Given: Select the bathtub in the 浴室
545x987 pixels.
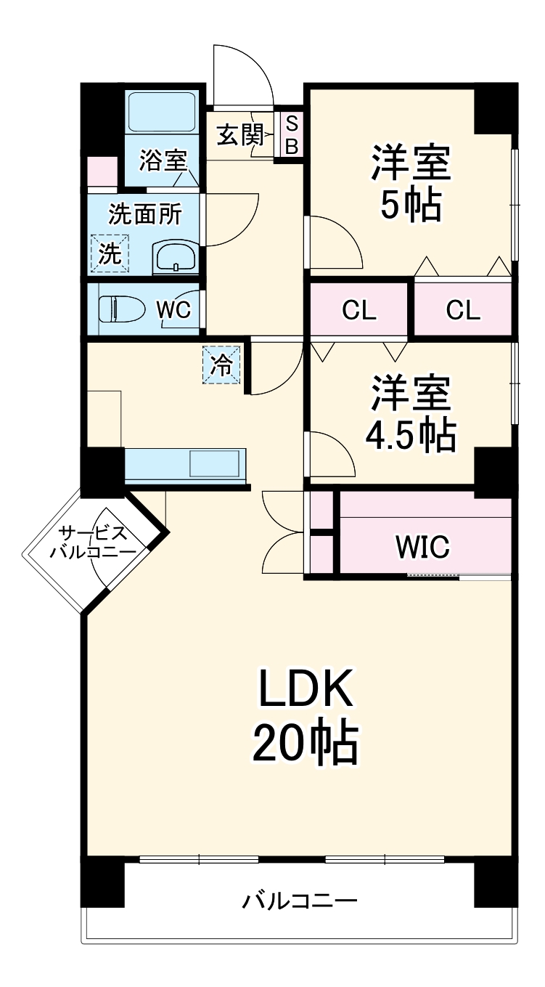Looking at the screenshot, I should [161, 113].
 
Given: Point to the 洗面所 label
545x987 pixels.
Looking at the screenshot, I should [145, 214].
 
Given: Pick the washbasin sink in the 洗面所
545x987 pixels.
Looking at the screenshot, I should [175, 258].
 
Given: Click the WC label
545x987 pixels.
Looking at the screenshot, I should [173, 310].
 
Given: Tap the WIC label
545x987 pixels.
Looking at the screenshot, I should [422, 546].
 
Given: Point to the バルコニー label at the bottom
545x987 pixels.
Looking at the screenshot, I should [300, 903].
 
